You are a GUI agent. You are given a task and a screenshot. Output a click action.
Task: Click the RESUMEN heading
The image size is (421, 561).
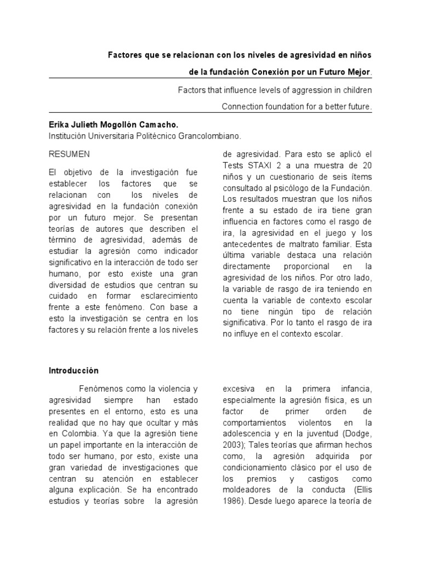point(70,154)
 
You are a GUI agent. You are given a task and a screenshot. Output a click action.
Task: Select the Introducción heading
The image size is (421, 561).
point(73,370)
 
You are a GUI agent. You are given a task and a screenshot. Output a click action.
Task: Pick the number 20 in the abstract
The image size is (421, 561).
point(367,165)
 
